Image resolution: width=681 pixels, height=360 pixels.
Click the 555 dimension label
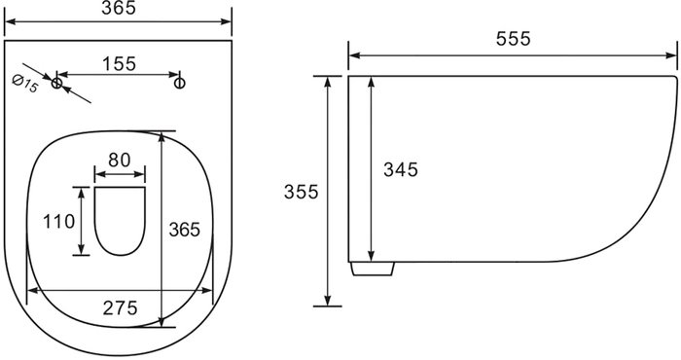tap(513, 39)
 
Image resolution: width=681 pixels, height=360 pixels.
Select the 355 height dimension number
tap(301, 192)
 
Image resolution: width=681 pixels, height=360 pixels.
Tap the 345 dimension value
tap(401, 169)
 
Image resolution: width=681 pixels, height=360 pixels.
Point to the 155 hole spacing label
tap(119, 64)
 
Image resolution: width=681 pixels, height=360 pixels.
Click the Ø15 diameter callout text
tap(25, 84)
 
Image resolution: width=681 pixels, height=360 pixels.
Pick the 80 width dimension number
tap(120, 160)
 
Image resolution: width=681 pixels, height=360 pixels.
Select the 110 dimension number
tap(59, 222)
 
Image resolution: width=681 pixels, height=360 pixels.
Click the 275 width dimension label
tap(121, 307)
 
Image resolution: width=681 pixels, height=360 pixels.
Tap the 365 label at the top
tap(119, 8)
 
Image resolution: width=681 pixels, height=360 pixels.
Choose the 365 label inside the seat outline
tap(185, 230)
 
